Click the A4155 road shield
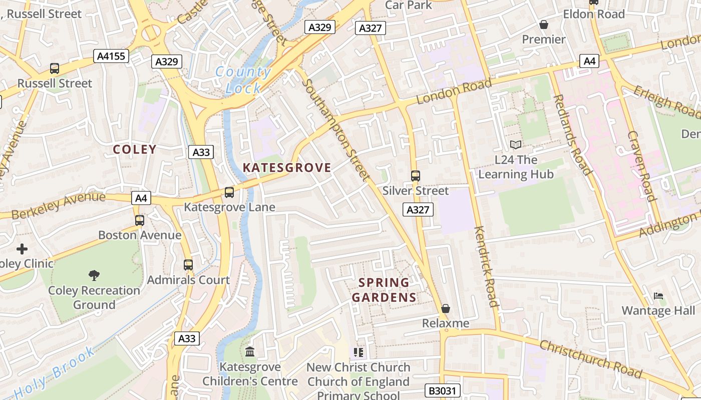(111, 56)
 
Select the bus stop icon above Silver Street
(416, 176)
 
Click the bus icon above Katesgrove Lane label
(229, 192)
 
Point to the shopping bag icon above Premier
(543, 24)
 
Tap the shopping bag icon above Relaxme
(446, 308)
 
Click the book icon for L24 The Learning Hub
(516, 145)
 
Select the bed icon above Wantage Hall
(658, 296)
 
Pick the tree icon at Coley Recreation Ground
(94, 275)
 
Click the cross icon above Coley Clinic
(22, 248)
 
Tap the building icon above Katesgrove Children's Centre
(250, 352)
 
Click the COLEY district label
(135, 149)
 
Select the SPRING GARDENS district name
(384, 290)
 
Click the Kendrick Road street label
(486, 266)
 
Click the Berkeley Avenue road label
(58, 205)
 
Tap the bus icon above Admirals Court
(188, 265)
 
